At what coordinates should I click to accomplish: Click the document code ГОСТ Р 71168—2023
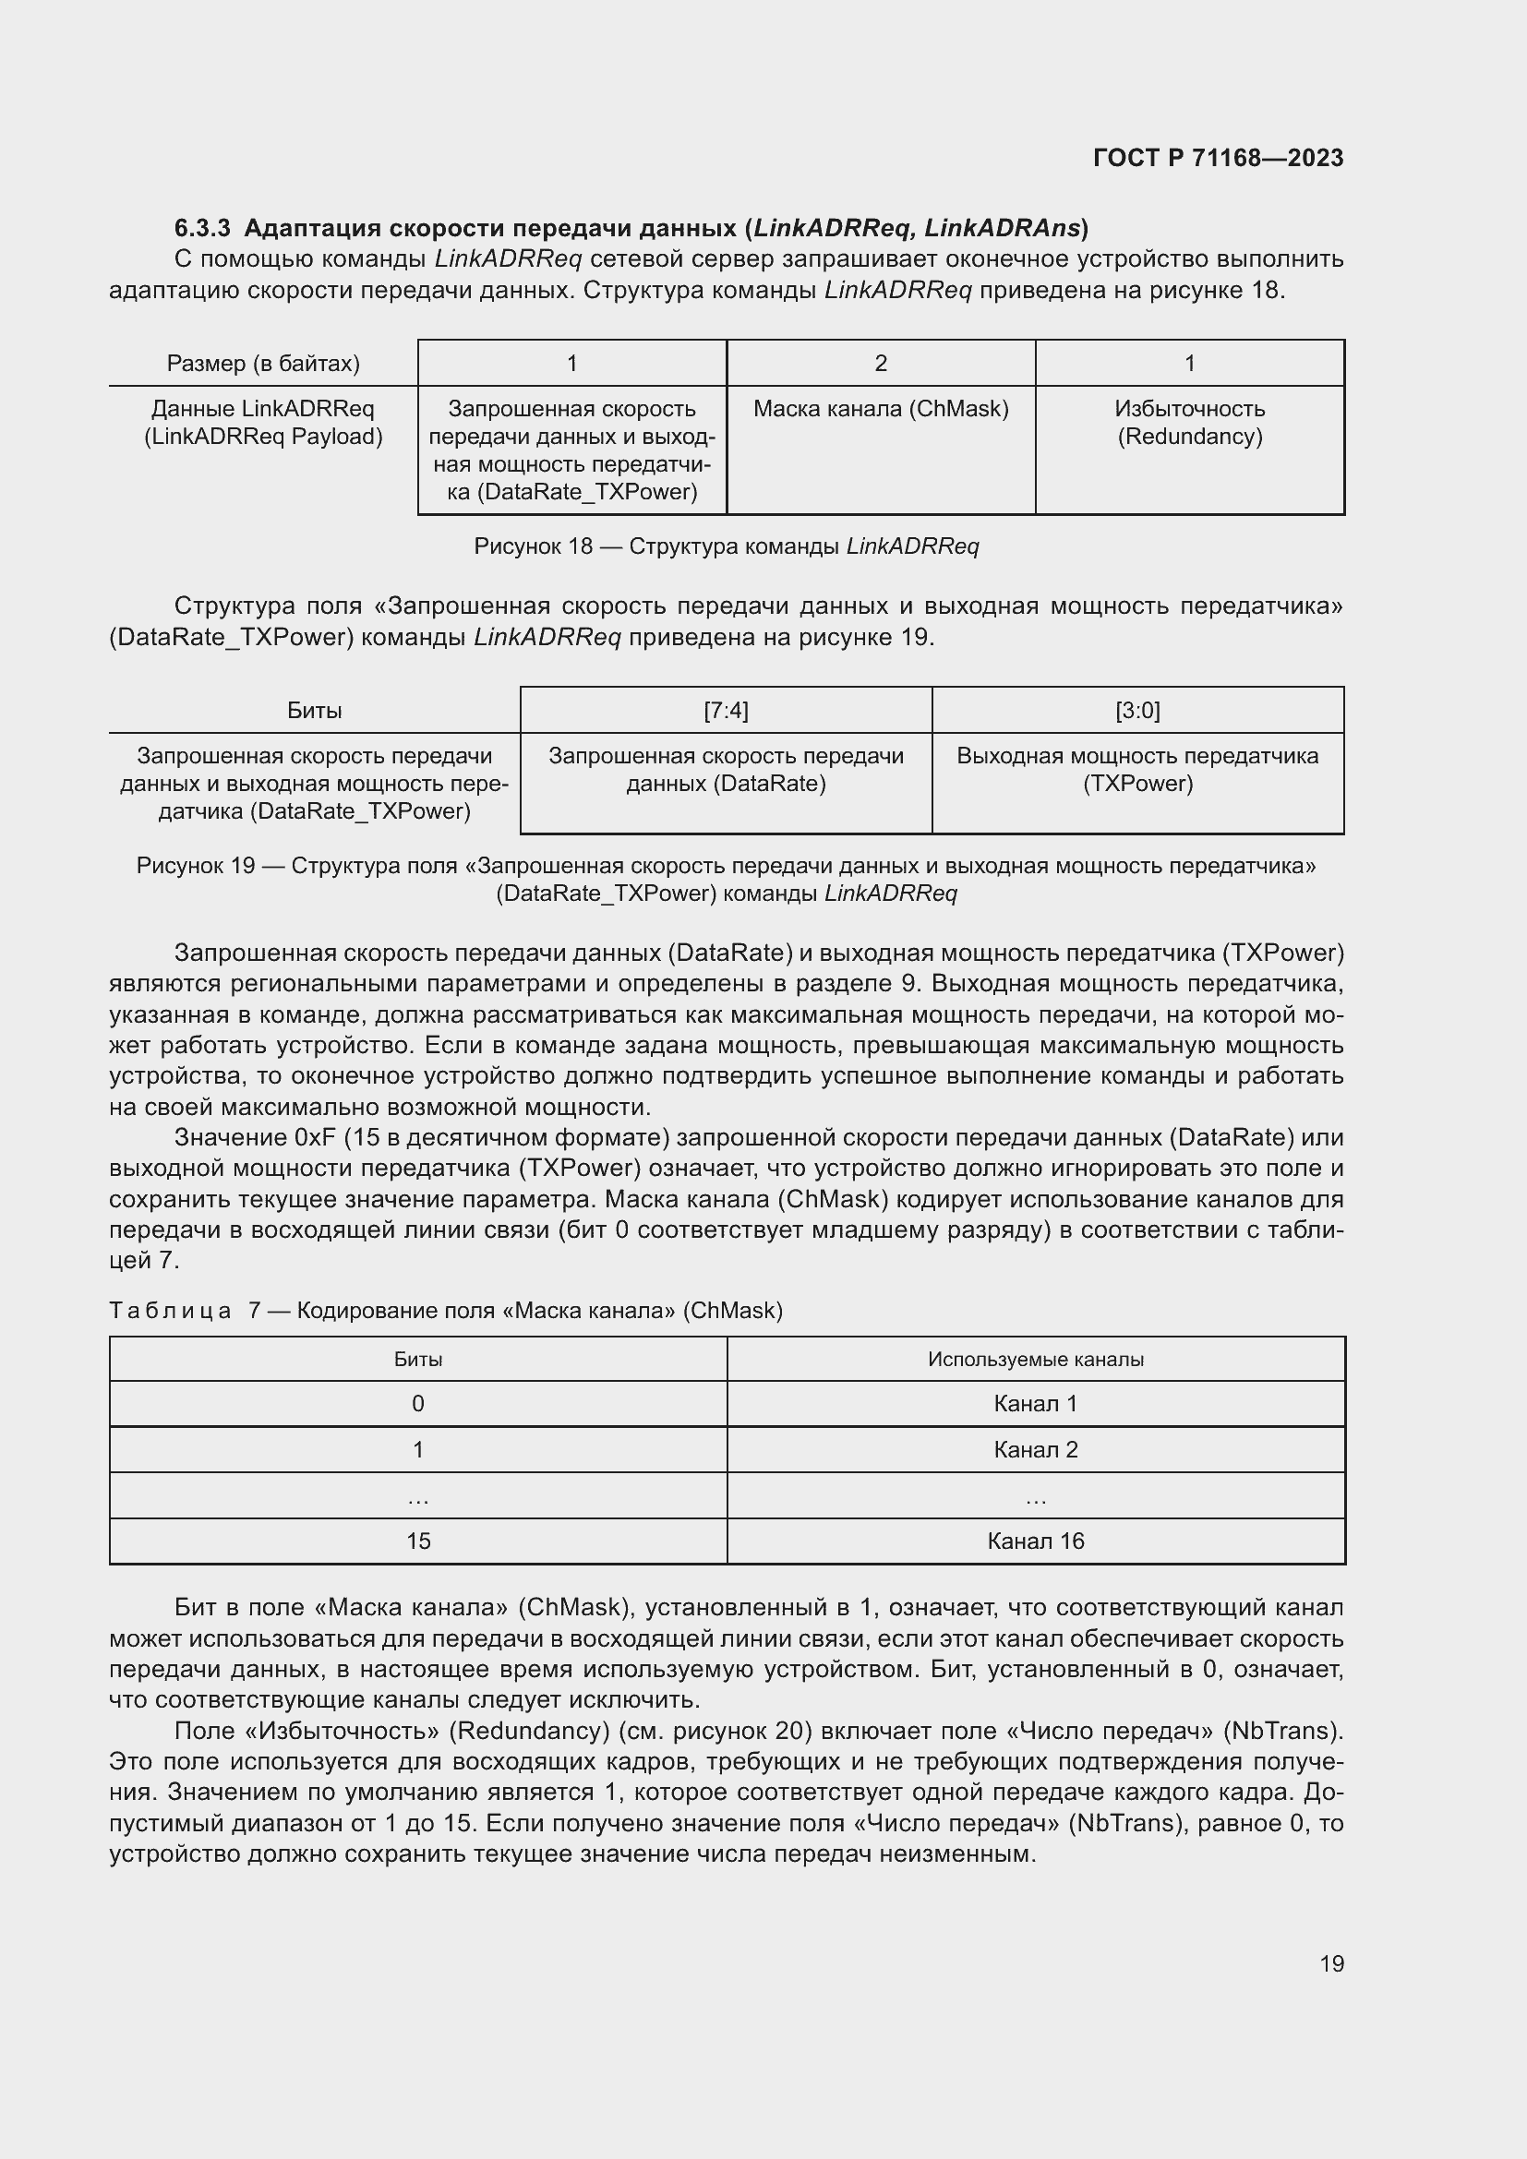[1218, 158]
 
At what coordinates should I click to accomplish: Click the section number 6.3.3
[202, 229]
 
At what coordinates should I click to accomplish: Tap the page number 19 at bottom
[1331, 1963]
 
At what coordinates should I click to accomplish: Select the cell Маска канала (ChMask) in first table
[881, 409]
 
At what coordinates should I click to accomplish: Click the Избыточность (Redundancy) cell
[1189, 422]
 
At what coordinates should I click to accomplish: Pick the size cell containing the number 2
[881, 363]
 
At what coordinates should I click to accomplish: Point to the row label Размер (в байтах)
[263, 363]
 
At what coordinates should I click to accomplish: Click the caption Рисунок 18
[532, 546]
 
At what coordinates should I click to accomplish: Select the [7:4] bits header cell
[726, 710]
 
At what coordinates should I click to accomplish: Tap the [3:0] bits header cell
[1137, 710]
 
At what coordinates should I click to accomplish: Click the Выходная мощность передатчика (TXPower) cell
[1137, 769]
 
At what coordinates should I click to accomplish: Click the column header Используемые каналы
[1035, 1359]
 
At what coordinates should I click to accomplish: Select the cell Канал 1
[1035, 1404]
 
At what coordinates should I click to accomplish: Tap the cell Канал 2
[1035, 1450]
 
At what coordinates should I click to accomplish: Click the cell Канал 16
[1035, 1541]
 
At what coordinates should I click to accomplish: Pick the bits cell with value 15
[418, 1541]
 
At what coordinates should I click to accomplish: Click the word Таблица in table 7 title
[170, 1311]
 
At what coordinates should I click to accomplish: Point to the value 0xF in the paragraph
[315, 1138]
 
